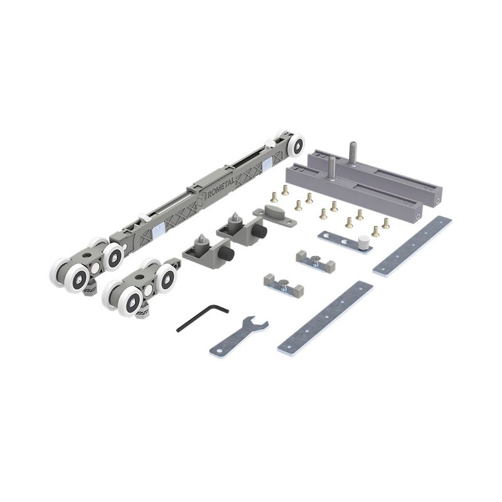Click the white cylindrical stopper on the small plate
click(363, 242)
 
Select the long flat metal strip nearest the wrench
click(325, 319)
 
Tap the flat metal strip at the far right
click(412, 245)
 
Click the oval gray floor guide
click(274, 215)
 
